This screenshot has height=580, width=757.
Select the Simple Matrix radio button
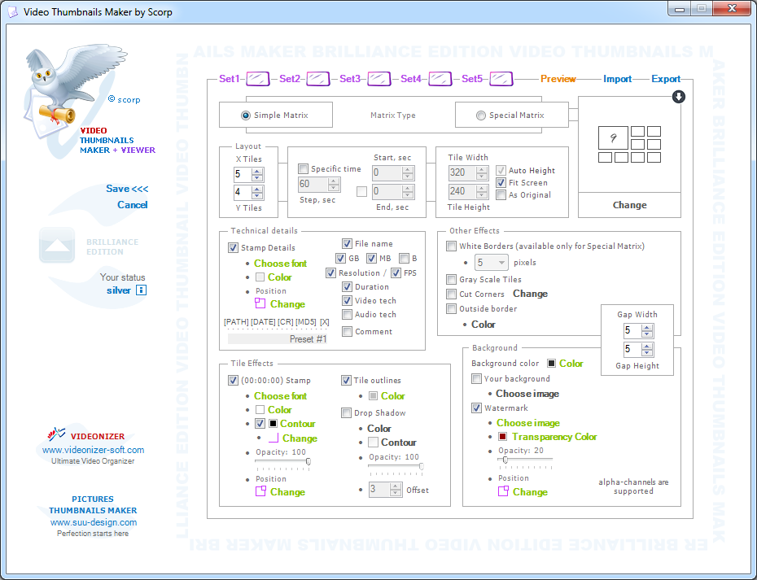click(246, 116)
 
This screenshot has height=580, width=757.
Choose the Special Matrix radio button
click(481, 116)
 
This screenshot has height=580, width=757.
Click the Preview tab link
click(558, 79)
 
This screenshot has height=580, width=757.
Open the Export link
click(666, 79)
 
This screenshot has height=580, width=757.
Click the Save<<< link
click(127, 189)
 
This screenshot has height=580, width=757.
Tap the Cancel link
click(133, 205)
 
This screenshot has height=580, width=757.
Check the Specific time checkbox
click(303, 169)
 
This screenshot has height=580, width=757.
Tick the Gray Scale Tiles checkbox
click(452, 279)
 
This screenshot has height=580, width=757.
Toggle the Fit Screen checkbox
click(501, 183)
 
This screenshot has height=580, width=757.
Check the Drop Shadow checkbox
click(346, 412)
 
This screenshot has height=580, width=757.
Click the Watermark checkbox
click(476, 408)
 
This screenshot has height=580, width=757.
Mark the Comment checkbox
click(347, 332)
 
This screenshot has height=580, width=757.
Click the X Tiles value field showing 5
click(242, 174)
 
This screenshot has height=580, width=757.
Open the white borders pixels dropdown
click(491, 263)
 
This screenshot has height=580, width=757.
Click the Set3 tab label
click(349, 79)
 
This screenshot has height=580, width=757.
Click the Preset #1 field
click(278, 339)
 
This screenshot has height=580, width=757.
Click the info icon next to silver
click(142, 290)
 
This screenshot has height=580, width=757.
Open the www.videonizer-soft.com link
click(93, 450)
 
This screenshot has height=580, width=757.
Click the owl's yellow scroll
click(57, 114)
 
